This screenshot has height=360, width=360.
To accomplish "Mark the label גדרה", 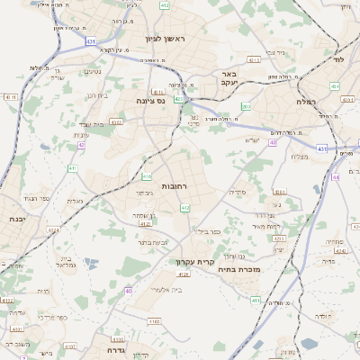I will tap(120, 350).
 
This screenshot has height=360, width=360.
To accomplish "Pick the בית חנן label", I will tap(97, 94).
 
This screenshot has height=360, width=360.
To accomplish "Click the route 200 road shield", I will tap(246, 107).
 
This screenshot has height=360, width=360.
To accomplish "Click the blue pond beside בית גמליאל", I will tap(88, 264).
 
